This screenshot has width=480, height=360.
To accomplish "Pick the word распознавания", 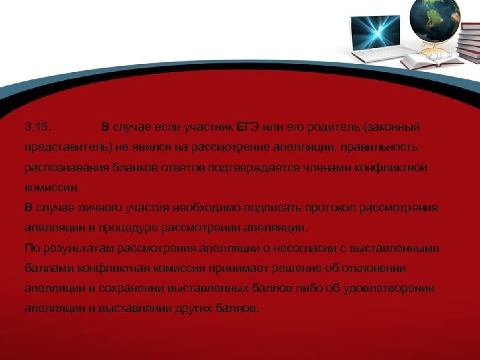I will pyautogui.click(x=58, y=167).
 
